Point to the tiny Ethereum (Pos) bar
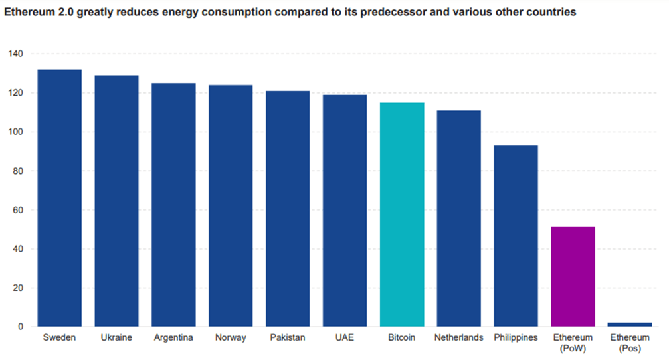pyautogui.click(x=630, y=324)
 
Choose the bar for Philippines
pyautogui.click(x=516, y=236)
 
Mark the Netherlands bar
pyautogui.click(x=458, y=219)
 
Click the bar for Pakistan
pyautogui.click(x=288, y=209)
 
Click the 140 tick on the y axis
pyautogui.click(x=15, y=54)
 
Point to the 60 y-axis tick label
pyautogui.click(x=17, y=210)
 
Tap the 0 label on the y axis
pyautogui.click(x=20, y=327)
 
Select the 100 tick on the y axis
pyautogui.click(x=15, y=132)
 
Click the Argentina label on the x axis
pyautogui.click(x=173, y=337)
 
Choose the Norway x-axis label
pyautogui.click(x=231, y=337)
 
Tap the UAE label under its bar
pyautogui.click(x=345, y=337)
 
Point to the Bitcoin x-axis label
pyautogui.click(x=402, y=337)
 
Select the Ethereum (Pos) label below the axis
pyautogui.click(x=630, y=343)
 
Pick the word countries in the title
pyautogui.click(x=551, y=12)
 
